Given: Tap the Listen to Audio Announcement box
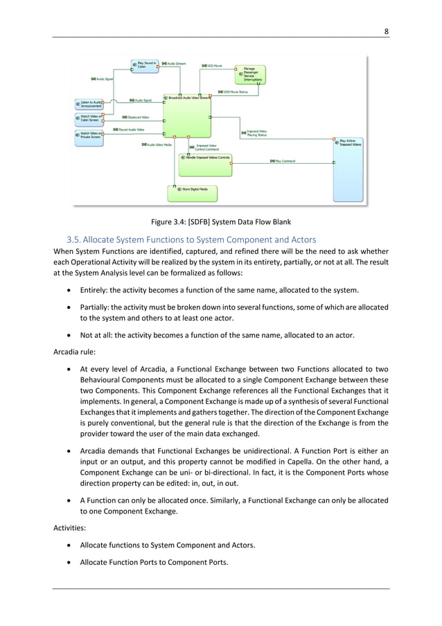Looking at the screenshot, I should [x=88, y=104].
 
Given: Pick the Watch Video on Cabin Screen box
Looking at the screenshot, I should [x=88, y=118].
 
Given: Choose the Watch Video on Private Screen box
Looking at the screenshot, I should [x=88, y=135].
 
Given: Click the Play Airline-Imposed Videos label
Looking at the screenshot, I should [x=350, y=143].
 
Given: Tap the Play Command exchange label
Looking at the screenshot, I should [x=283, y=161].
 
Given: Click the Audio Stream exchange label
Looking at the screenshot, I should [x=174, y=63].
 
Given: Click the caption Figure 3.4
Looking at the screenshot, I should [x=220, y=222].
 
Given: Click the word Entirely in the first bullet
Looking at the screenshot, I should [x=94, y=289].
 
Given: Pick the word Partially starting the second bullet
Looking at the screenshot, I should [x=95, y=307].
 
